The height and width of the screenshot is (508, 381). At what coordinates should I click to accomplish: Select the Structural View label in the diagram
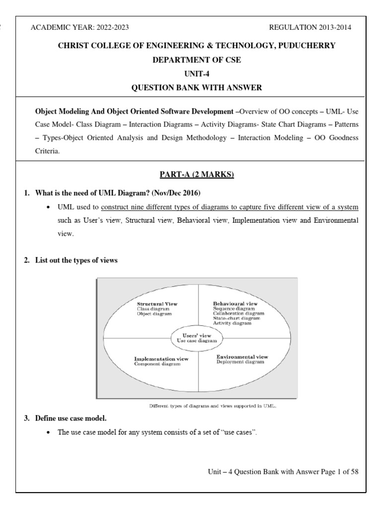click(157, 303)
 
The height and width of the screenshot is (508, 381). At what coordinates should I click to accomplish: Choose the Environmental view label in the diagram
click(243, 356)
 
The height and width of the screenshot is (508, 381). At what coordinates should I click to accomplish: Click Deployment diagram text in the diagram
click(241, 362)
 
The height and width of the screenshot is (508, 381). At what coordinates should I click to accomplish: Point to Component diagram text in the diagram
click(157, 364)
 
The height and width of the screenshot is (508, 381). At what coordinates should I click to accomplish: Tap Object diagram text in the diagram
click(154, 314)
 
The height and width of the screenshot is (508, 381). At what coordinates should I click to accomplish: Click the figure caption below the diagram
click(213, 405)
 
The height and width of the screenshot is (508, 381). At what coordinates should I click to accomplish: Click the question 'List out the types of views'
click(76, 261)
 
